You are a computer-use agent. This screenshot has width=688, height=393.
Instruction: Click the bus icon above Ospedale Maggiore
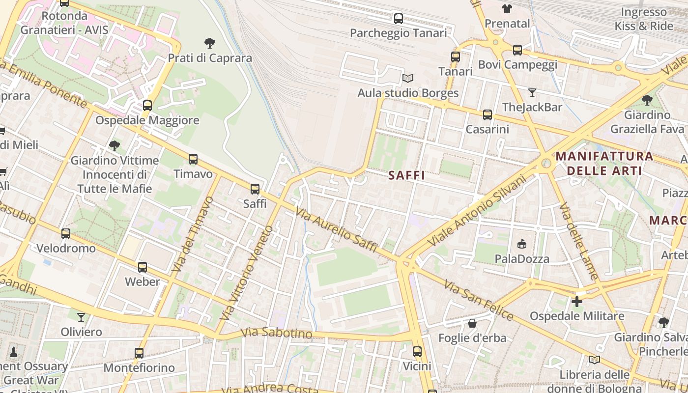tap(147, 105)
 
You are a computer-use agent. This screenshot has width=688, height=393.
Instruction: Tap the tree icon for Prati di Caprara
tap(210, 43)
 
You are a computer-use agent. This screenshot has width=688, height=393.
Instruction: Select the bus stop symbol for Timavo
tap(193, 159)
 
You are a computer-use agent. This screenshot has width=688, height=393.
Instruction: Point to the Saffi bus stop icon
tap(255, 189)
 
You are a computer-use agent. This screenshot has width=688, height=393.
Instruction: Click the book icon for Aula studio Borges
tap(407, 78)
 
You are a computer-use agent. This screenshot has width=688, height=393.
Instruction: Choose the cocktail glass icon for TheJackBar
tap(532, 92)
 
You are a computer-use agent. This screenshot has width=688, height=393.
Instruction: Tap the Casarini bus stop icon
tap(487, 115)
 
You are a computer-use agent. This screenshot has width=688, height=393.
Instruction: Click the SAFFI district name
tap(406, 175)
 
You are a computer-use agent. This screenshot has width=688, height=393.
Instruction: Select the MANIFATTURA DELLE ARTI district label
tap(604, 164)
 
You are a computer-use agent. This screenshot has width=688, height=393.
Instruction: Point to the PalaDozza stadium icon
tap(521, 244)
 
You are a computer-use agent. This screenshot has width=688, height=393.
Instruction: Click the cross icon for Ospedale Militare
tap(576, 301)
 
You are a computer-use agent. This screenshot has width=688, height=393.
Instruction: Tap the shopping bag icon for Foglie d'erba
tap(472, 323)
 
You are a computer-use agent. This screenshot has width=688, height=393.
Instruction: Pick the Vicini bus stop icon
tap(417, 351)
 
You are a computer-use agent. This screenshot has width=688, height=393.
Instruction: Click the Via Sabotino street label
tap(277, 333)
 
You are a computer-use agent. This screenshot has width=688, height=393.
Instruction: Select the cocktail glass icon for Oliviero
tap(81, 317)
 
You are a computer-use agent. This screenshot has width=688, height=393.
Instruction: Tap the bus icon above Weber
tap(142, 267)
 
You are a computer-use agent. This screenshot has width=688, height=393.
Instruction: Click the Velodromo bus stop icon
tap(66, 234)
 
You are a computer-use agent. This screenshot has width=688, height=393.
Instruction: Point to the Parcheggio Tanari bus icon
tap(398, 19)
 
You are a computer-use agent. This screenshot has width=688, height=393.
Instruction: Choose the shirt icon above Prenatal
tap(507, 9)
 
